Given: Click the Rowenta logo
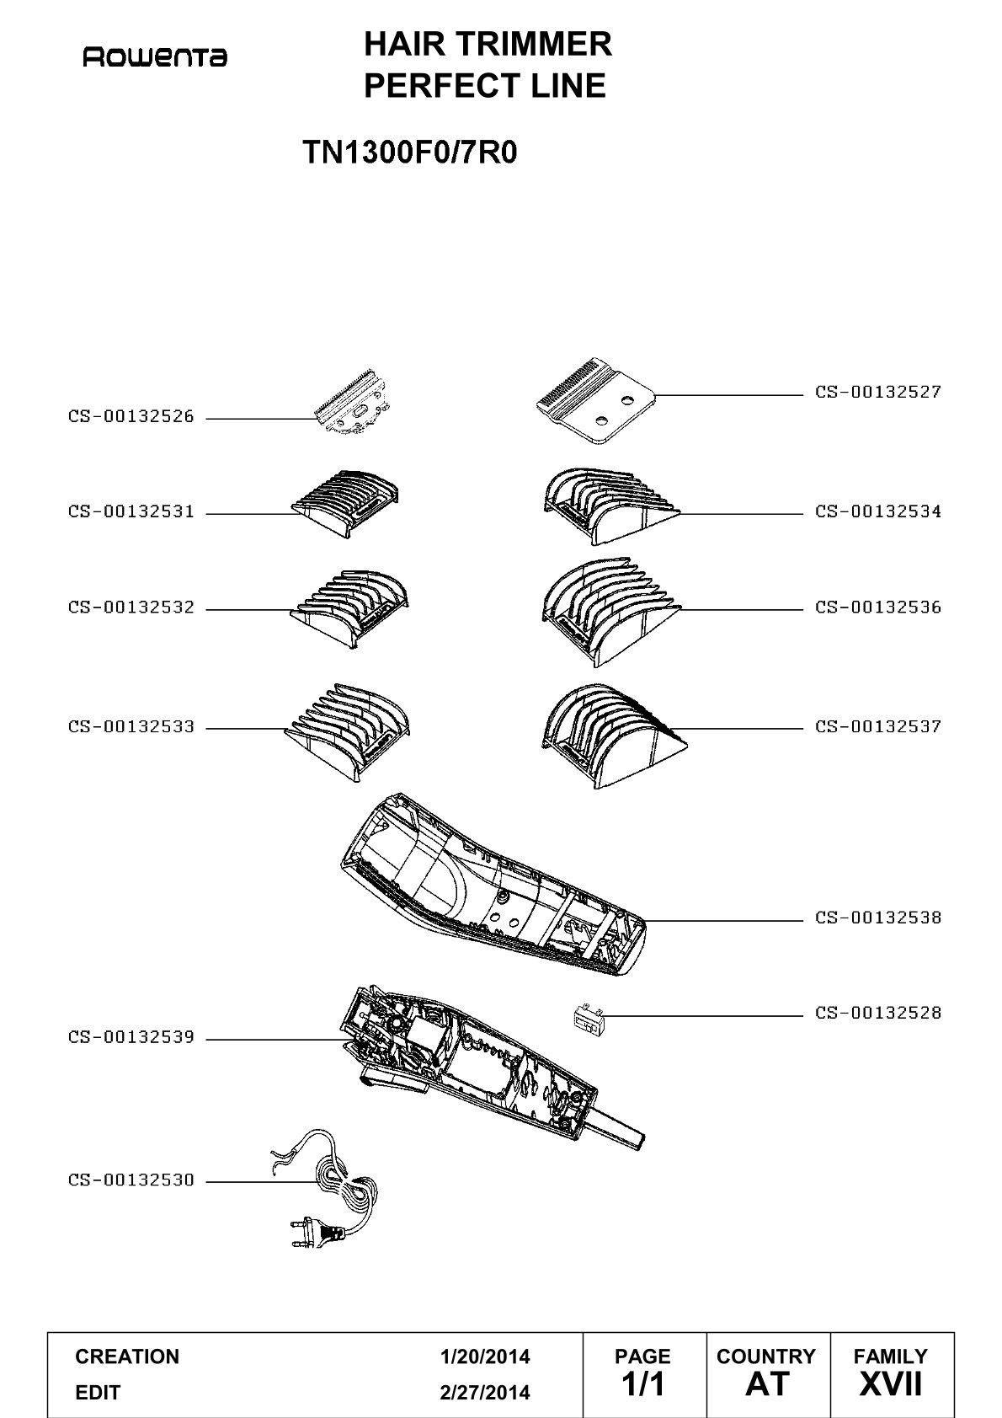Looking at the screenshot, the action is pyautogui.click(x=155, y=57).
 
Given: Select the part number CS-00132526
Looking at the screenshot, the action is pyautogui.click(x=131, y=416).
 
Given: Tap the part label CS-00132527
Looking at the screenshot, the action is pyautogui.click(x=878, y=392).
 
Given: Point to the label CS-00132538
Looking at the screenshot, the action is pyautogui.click(x=878, y=918).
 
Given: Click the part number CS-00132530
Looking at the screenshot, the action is pyautogui.click(x=131, y=1180).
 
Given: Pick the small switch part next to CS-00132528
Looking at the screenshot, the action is pyautogui.click(x=589, y=1018).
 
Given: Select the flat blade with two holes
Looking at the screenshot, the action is pyautogui.click(x=595, y=401).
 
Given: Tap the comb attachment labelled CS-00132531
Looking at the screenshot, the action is pyautogui.click(x=345, y=504).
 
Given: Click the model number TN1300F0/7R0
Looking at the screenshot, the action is pyautogui.click(x=410, y=153).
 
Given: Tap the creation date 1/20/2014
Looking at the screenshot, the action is pyautogui.click(x=485, y=1356).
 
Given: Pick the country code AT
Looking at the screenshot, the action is pyautogui.click(x=767, y=1384).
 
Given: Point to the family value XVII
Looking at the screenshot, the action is pyautogui.click(x=890, y=1384).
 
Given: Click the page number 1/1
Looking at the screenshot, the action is pyautogui.click(x=643, y=1384).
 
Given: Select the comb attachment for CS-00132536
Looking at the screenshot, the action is pyautogui.click(x=611, y=612).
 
